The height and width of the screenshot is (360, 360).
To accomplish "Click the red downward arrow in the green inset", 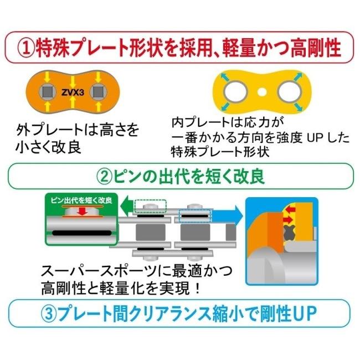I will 81,212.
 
